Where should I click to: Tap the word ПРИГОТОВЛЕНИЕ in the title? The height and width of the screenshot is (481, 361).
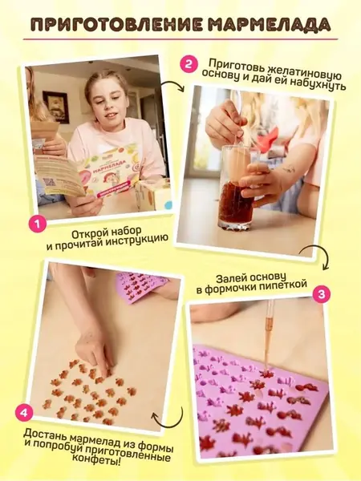tap(116, 25)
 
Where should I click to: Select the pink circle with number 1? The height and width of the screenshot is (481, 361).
tap(38, 224)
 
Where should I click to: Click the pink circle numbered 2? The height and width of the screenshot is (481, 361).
tap(189, 64)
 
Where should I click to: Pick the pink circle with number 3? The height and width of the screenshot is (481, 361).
tap(321, 295)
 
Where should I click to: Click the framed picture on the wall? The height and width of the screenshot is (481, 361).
tap(55, 107)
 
